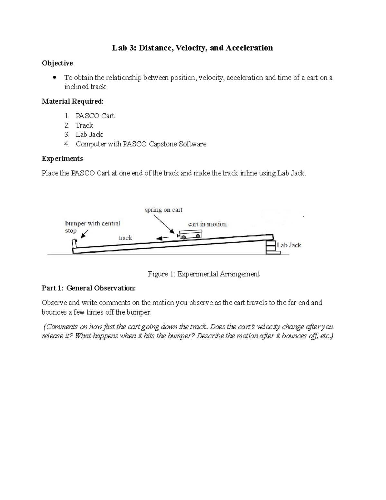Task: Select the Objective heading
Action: (x=57, y=63)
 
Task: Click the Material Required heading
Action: (x=73, y=101)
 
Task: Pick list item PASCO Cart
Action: (x=95, y=116)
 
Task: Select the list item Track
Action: (x=84, y=125)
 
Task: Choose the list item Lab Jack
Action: (x=89, y=135)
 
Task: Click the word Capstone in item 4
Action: (x=162, y=144)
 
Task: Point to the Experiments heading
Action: (x=62, y=159)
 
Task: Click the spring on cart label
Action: (x=163, y=210)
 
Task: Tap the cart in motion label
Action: (x=207, y=224)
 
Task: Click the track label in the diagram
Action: (x=125, y=238)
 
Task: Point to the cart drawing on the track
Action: (x=190, y=235)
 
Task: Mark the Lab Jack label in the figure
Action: (x=289, y=245)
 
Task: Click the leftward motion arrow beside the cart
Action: (x=162, y=238)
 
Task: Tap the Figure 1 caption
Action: (x=203, y=274)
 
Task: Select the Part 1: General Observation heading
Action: (x=88, y=288)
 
